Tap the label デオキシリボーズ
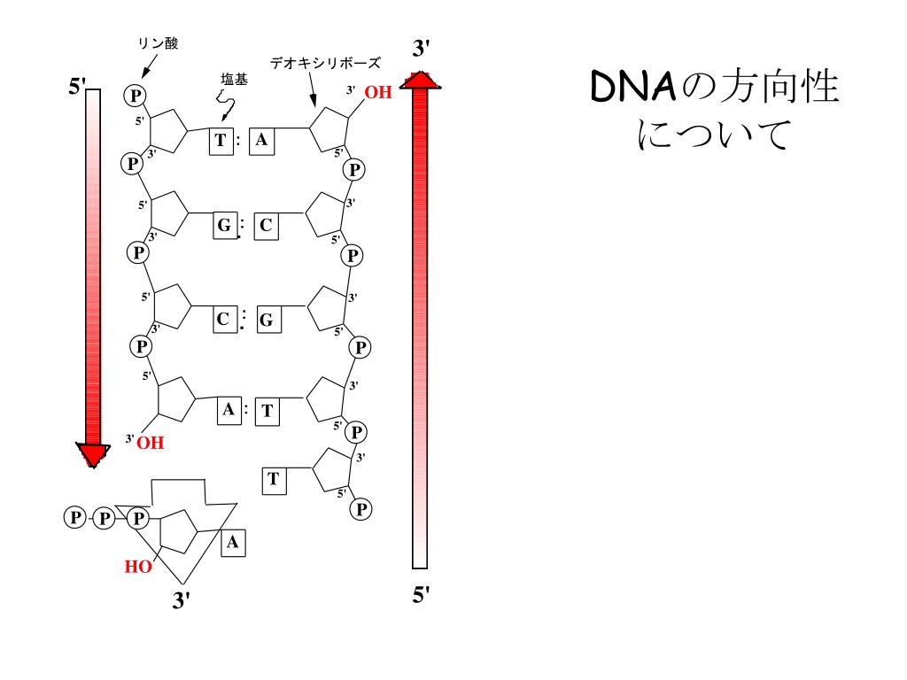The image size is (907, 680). pos(325,63)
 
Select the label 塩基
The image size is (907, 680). pos(234,80)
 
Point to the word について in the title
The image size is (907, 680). pos(712,135)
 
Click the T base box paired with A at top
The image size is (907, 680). pos(221,141)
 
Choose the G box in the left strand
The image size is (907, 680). pos(225,226)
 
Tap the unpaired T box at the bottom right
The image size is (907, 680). pos(274,480)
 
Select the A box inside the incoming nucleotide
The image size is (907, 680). pos(232,542)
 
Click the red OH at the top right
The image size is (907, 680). pos(378,92)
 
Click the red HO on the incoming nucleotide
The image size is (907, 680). pos(138,568)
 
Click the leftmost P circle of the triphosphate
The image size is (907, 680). pos(75,518)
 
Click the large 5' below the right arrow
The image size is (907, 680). pos(422,595)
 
